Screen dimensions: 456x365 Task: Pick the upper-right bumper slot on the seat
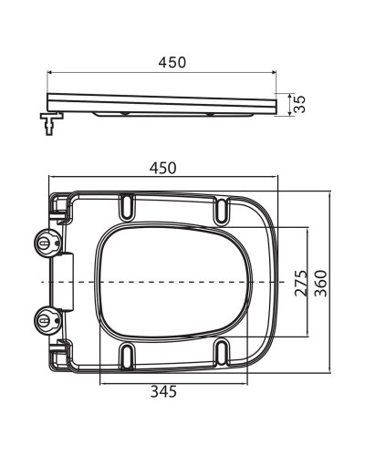(222, 209)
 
